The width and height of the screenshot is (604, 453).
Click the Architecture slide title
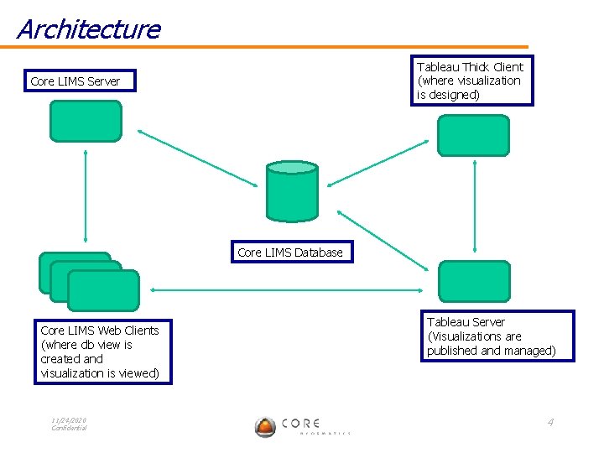click(x=88, y=29)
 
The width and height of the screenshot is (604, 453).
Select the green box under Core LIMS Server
click(x=86, y=121)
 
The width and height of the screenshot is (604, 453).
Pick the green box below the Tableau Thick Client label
click(x=473, y=136)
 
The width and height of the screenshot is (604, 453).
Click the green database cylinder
click(x=292, y=191)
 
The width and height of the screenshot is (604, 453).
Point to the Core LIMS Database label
click(x=290, y=252)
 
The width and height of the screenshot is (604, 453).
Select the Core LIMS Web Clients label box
click(x=102, y=351)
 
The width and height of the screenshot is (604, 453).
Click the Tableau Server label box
click(x=497, y=336)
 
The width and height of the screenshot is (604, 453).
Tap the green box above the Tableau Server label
click(x=474, y=281)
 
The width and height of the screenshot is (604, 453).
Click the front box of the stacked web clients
click(x=103, y=291)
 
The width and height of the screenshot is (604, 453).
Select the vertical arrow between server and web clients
click(x=85, y=196)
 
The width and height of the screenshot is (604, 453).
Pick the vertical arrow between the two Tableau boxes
click(x=475, y=206)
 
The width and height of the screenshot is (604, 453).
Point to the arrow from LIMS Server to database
click(x=197, y=158)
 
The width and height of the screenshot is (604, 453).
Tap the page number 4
click(x=550, y=422)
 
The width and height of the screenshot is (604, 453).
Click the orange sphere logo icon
click(x=265, y=427)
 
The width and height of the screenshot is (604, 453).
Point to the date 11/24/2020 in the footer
click(x=69, y=420)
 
